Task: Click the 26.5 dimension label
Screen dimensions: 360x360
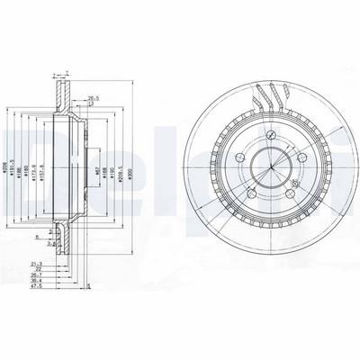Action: tap(93, 89)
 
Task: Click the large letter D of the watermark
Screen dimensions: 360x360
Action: tap(18, 149)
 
